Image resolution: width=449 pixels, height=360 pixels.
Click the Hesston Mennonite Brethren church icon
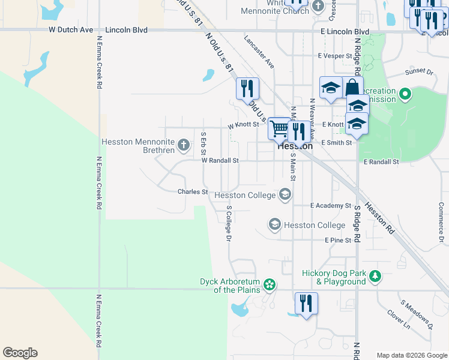click(184, 145)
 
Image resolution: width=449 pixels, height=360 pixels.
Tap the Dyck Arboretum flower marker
click(270, 284)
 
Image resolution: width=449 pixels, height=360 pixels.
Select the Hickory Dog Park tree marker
click(375, 276)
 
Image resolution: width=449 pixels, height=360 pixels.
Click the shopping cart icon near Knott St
click(279, 128)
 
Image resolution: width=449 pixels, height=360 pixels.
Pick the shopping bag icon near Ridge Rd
click(353, 88)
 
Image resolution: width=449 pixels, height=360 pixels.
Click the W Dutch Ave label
click(71, 29)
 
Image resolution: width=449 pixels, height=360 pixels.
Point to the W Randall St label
click(220, 161)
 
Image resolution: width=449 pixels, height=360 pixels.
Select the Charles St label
click(192, 192)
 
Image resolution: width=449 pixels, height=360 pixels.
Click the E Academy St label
click(331, 205)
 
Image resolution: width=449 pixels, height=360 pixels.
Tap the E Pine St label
click(337, 240)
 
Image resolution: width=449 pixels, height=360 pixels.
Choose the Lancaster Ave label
click(259, 51)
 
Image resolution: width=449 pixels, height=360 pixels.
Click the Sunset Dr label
click(418, 71)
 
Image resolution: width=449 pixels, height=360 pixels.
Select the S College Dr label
click(228, 223)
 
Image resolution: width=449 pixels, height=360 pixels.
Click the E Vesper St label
click(335, 56)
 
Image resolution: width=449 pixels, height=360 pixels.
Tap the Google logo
click(20, 353)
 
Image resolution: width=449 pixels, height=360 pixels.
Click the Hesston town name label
click(295, 146)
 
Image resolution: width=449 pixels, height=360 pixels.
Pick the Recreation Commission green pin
click(405, 94)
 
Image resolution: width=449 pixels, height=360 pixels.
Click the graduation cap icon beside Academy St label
click(285, 194)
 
